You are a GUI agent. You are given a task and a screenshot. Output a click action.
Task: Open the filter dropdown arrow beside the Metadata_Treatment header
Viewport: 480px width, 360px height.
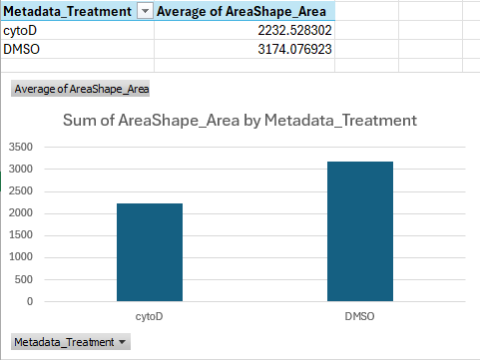click(x=146, y=10)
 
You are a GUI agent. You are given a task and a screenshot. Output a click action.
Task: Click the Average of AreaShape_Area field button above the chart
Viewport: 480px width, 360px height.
click(x=80, y=89)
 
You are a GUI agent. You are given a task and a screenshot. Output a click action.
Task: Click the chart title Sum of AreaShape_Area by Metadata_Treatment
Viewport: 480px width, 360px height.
click(x=240, y=121)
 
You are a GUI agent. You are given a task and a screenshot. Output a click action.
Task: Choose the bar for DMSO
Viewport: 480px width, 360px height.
click(x=360, y=230)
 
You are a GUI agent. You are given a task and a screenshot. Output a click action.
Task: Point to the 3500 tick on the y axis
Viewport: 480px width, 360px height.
click(x=21, y=147)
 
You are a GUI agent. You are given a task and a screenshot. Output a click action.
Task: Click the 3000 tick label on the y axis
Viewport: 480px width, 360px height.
click(x=21, y=169)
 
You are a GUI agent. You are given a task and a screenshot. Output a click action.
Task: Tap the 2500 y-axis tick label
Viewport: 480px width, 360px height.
click(x=21, y=190)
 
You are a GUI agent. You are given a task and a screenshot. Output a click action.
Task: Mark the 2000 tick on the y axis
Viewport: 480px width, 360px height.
click(x=21, y=212)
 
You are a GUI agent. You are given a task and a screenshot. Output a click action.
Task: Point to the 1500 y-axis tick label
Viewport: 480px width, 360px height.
click(x=21, y=234)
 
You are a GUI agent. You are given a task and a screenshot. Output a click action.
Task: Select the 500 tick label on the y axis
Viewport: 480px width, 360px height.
click(x=24, y=278)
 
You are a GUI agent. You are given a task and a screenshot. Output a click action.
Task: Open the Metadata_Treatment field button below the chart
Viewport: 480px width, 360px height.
click(x=69, y=342)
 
